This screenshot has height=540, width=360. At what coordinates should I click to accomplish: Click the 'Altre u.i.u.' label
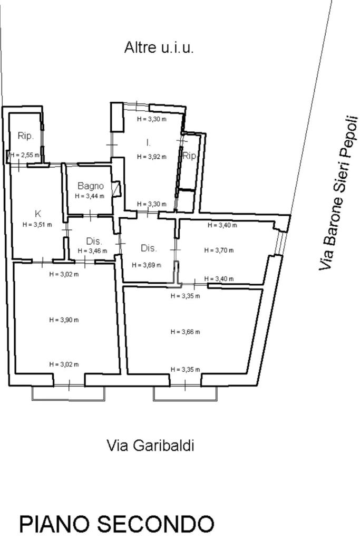tap(159, 48)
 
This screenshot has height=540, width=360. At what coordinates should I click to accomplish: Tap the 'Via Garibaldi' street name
tap(150, 445)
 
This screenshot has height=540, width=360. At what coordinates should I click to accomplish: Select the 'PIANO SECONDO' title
tap(116, 524)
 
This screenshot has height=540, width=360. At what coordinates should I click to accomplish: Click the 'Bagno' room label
tap(91, 186)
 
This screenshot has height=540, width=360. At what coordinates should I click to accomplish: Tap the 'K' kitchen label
tap(38, 214)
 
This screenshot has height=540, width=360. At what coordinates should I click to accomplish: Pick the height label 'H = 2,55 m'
tap(25, 156)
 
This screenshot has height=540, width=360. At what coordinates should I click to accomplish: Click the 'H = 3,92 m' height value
tap(152, 157)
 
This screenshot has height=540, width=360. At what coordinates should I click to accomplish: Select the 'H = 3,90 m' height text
tap(64, 320)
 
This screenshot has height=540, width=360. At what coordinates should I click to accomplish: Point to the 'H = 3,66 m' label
tap(185, 332)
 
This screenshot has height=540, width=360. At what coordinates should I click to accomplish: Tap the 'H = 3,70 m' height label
tap(219, 250)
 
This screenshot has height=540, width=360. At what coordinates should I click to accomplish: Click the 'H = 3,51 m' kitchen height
tap(37, 225)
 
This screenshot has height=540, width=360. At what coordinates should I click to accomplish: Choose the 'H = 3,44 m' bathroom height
tap(90, 196)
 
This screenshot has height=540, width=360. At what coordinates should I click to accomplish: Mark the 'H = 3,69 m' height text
tap(147, 265)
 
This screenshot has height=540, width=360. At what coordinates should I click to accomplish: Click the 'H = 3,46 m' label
tap(92, 251)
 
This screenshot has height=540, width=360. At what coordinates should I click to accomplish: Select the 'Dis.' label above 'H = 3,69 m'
tap(149, 248)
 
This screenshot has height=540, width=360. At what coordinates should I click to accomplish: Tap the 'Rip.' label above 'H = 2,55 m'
tap(26, 136)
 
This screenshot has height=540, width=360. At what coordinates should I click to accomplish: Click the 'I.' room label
tap(148, 142)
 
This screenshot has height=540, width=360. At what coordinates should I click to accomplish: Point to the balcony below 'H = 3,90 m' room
tap(68, 393)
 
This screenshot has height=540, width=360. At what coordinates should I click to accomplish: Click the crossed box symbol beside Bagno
tap(116, 189)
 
